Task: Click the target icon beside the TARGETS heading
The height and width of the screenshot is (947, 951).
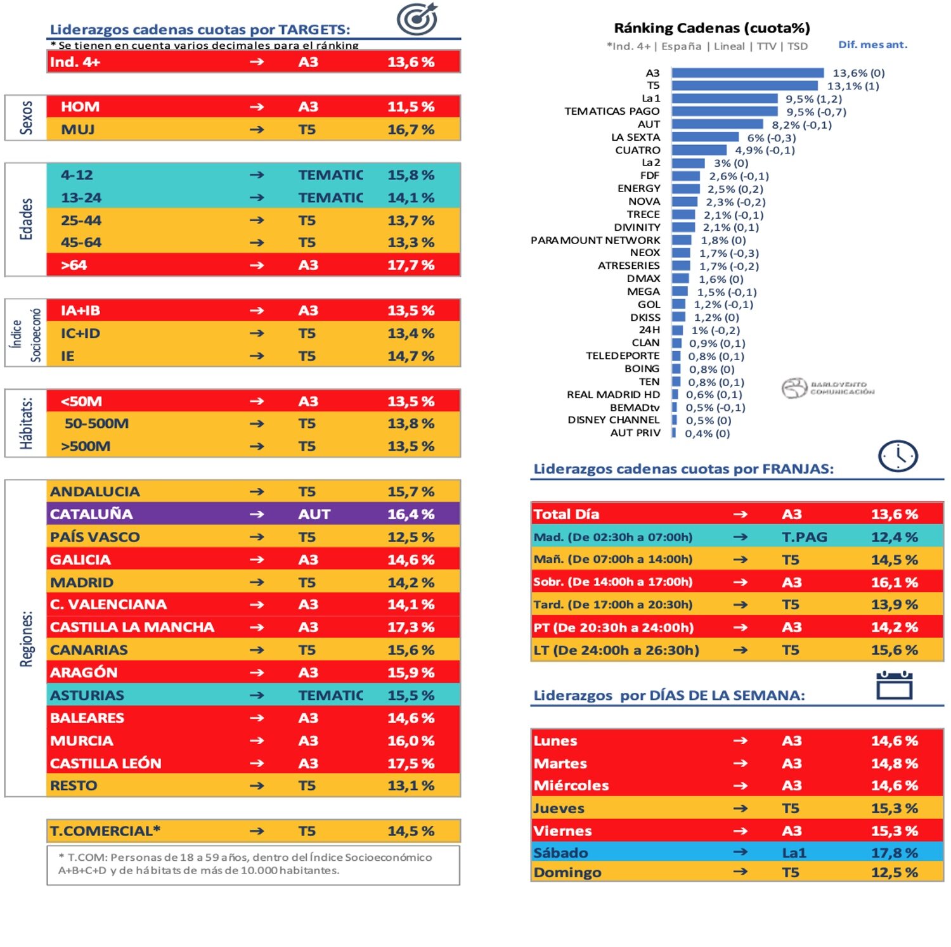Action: [417, 18]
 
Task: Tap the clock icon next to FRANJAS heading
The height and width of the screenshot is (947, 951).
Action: [898, 456]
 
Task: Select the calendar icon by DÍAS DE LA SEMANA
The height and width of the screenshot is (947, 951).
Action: [894, 685]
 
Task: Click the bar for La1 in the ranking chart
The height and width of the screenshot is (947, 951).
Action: [724, 98]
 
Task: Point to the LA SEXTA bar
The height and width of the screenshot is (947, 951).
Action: [705, 137]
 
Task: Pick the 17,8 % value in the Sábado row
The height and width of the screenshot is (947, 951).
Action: [894, 853]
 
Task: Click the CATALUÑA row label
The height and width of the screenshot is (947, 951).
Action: [91, 514]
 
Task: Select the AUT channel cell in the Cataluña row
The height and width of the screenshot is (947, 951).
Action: [314, 514]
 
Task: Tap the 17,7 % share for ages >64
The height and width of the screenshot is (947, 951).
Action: [411, 265]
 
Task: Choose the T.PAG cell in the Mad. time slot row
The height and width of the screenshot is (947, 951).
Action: [804, 537]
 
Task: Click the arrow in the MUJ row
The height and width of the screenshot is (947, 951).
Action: [257, 129]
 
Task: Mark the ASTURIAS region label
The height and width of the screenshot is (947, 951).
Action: [87, 695]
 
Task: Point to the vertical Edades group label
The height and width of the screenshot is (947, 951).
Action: [26, 219]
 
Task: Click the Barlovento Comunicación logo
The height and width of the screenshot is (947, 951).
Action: [827, 388]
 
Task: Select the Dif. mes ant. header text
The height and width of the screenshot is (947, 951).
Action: [872, 44]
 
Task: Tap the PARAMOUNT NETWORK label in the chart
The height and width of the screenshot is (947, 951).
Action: [595, 240]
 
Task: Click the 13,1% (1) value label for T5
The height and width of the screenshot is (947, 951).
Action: [853, 86]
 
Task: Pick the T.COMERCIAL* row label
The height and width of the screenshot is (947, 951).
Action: [105, 830]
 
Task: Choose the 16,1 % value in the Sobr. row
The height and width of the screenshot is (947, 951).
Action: [894, 582]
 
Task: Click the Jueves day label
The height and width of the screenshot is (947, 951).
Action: [559, 808]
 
